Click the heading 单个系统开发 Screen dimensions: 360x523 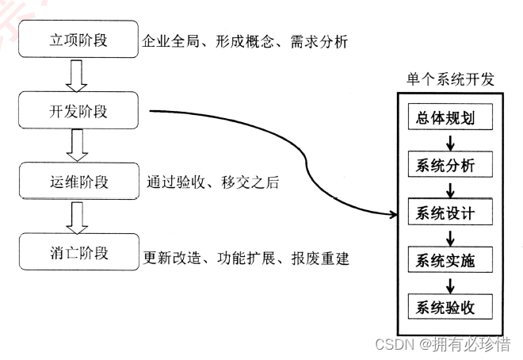[450, 80]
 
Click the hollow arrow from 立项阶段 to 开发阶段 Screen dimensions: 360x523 [77, 75]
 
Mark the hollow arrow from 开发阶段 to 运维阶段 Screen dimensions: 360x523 [77, 146]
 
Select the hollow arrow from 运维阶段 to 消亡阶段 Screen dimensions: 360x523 [77, 216]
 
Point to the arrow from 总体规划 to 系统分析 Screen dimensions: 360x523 [450, 142]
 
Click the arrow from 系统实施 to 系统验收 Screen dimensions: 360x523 [450, 282]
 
